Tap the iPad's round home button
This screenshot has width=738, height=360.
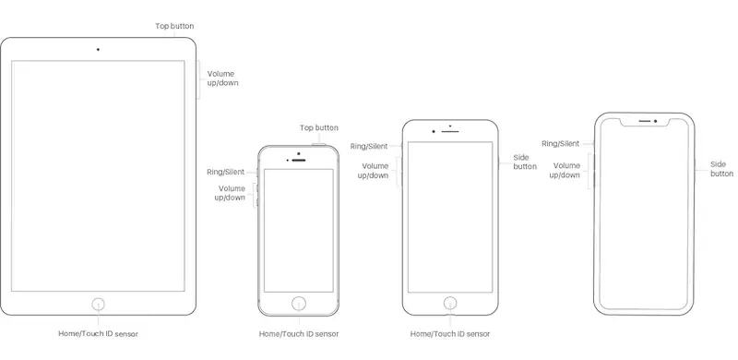(98, 304)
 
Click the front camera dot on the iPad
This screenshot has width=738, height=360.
(98, 50)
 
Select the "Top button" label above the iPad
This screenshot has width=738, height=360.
(174, 27)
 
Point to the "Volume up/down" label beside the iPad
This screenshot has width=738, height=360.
(223, 78)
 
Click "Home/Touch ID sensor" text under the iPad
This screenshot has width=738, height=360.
(98, 333)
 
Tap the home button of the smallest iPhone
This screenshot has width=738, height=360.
(298, 304)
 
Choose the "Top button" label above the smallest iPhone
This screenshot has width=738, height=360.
(318, 127)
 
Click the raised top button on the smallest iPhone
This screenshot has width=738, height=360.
(318, 145)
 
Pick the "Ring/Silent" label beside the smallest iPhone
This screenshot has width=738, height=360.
(225, 172)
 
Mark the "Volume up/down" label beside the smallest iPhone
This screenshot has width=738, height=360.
(230, 193)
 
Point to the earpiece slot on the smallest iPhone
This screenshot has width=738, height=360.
(298, 161)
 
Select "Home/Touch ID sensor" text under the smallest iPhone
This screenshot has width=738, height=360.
(298, 333)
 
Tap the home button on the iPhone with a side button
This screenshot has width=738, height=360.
(450, 303)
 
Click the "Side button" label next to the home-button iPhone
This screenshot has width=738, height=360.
(525, 162)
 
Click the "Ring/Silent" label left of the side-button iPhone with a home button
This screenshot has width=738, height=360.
(369, 147)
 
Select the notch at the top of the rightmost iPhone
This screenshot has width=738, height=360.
(644, 122)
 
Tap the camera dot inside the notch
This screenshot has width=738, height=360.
(655, 121)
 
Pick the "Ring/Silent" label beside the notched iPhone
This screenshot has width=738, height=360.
(560, 144)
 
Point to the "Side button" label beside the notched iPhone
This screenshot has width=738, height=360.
(721, 169)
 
